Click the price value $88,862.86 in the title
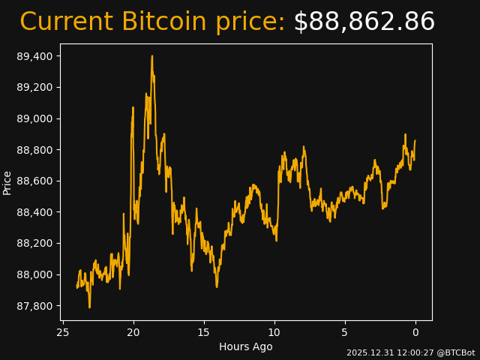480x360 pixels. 364,22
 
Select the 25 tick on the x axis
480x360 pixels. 63,332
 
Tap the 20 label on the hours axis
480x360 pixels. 133,332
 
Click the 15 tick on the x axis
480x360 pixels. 204,332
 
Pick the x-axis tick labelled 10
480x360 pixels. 274,332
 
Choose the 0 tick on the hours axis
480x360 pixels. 415,332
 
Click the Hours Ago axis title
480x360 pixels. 246,346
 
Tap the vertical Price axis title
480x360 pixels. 7,182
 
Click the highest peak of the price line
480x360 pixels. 151,56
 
